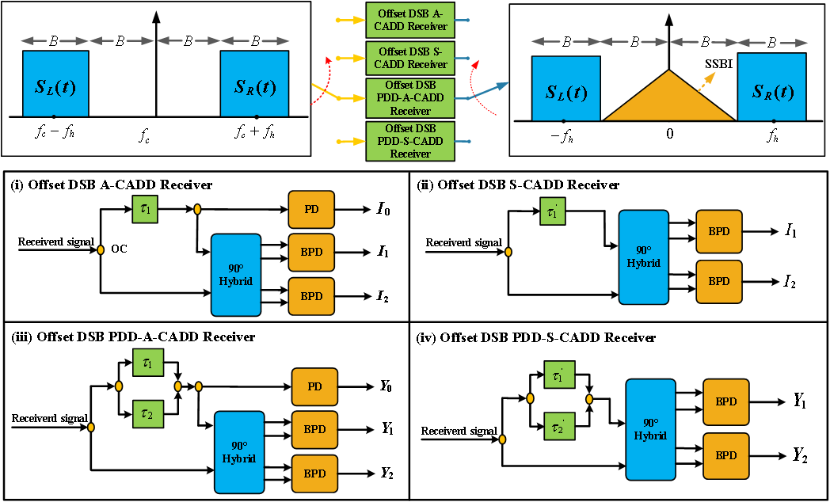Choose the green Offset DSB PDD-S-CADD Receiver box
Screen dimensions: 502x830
click(x=410, y=142)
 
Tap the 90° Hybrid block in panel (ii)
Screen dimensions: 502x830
click(x=644, y=257)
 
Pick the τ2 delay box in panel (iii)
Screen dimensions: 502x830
click(x=148, y=413)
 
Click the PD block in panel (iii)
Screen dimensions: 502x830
click(x=314, y=386)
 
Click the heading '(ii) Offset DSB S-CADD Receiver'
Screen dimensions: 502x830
click(x=518, y=184)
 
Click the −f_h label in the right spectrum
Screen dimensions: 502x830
click(x=562, y=135)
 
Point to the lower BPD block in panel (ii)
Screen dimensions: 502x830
click(x=718, y=281)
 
